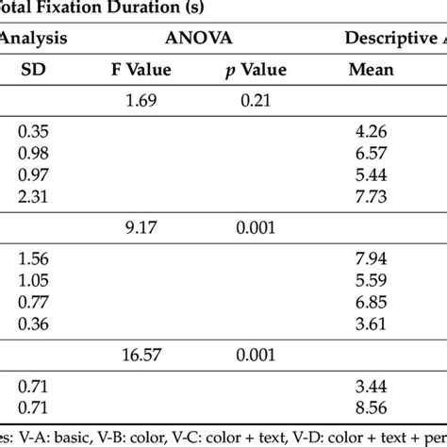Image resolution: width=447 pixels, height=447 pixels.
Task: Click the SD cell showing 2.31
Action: click(x=34, y=198)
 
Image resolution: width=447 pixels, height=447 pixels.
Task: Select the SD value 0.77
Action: click(x=34, y=304)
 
